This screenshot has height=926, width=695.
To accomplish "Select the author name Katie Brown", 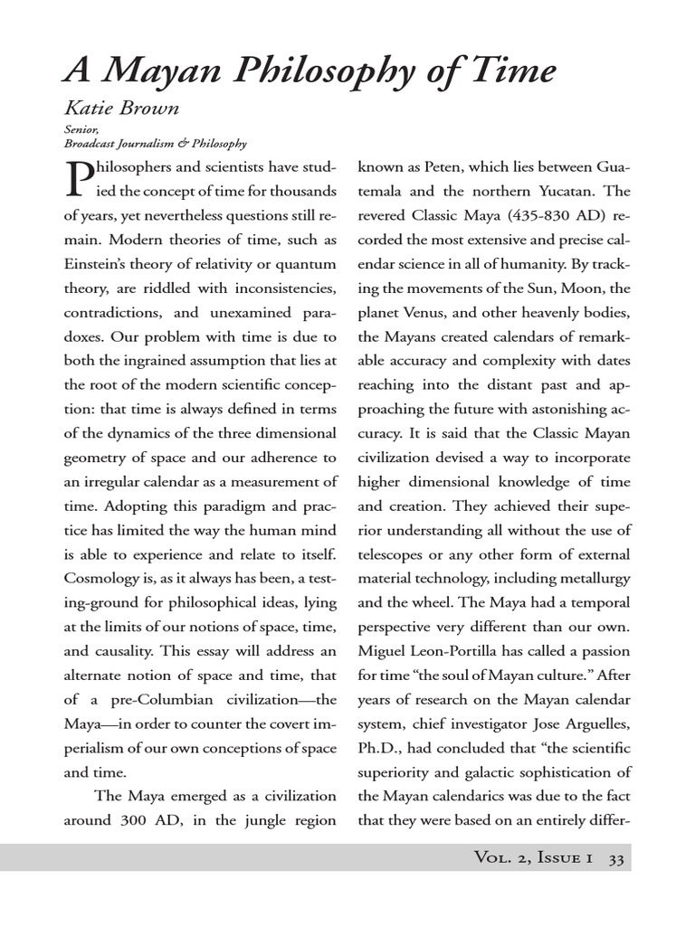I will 121,109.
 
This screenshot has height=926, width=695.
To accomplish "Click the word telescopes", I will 394,553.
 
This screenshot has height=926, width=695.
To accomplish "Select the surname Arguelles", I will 595,723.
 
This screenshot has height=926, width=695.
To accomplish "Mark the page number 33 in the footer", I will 616,858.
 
